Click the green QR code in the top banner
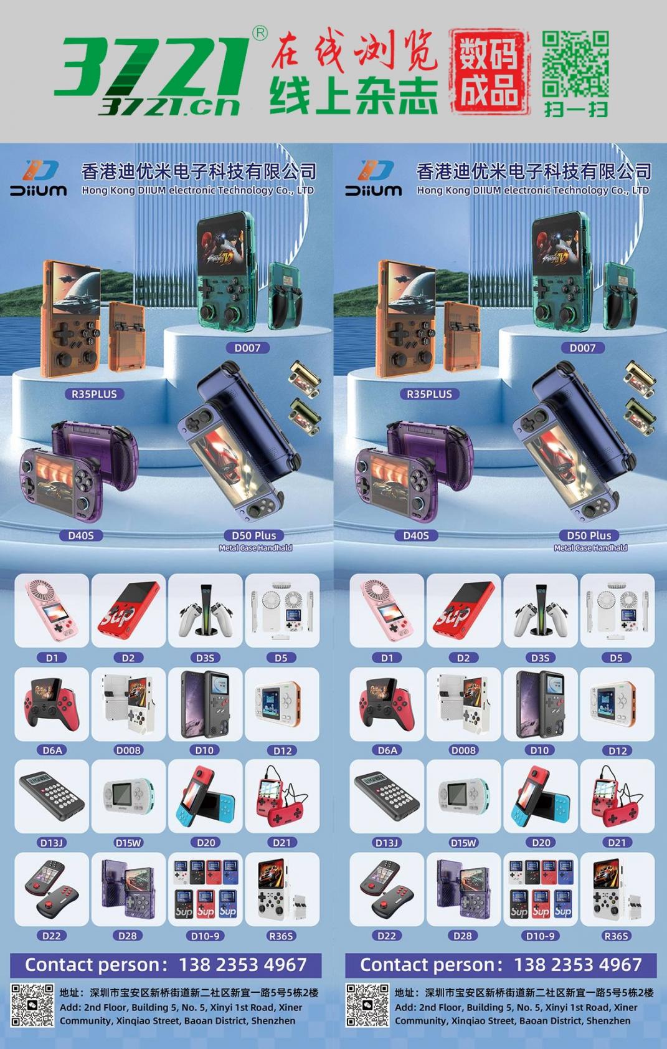[575, 64]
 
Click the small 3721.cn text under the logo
[169, 107]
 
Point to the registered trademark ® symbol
[259, 33]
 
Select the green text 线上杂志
[354, 95]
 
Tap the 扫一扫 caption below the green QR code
[575, 109]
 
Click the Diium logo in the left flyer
[39, 178]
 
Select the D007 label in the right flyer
[582, 348]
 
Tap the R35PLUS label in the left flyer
[94, 395]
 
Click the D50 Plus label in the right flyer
[589, 535]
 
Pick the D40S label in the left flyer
[81, 535]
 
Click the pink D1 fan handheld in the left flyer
[52, 610]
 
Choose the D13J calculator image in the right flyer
[387, 796]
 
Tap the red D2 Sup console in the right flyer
[463, 610]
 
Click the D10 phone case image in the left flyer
[205, 704]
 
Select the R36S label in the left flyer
[281, 936]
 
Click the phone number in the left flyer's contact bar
[243, 965]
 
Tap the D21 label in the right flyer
[617, 843]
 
